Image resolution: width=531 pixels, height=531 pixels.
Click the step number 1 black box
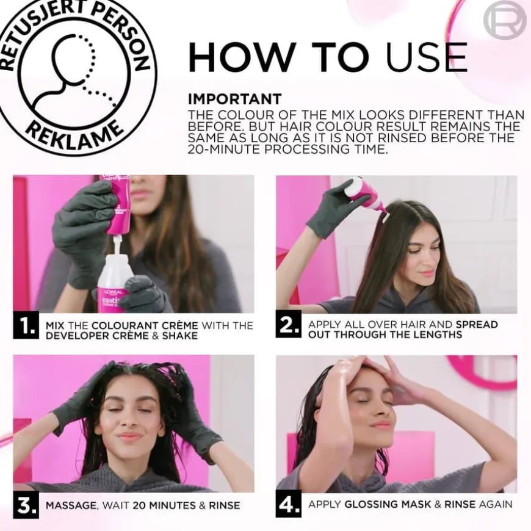[x=26, y=326]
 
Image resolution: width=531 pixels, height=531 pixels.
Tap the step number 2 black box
[x=288, y=325]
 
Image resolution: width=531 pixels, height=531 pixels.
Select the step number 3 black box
[x=26, y=505]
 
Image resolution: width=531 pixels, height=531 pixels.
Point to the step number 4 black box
[x=288, y=504]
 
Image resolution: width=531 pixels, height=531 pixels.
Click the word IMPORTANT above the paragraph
[x=235, y=99]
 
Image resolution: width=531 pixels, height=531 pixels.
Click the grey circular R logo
[x=505, y=20]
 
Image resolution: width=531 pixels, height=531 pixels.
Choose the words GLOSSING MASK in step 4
[x=388, y=504]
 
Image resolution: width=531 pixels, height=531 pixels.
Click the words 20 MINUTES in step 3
[x=164, y=505]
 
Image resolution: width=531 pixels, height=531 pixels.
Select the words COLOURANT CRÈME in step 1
[x=145, y=325]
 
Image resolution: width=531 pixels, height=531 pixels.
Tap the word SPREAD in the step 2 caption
[x=477, y=325]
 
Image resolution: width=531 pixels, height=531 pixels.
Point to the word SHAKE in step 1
[x=180, y=336]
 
